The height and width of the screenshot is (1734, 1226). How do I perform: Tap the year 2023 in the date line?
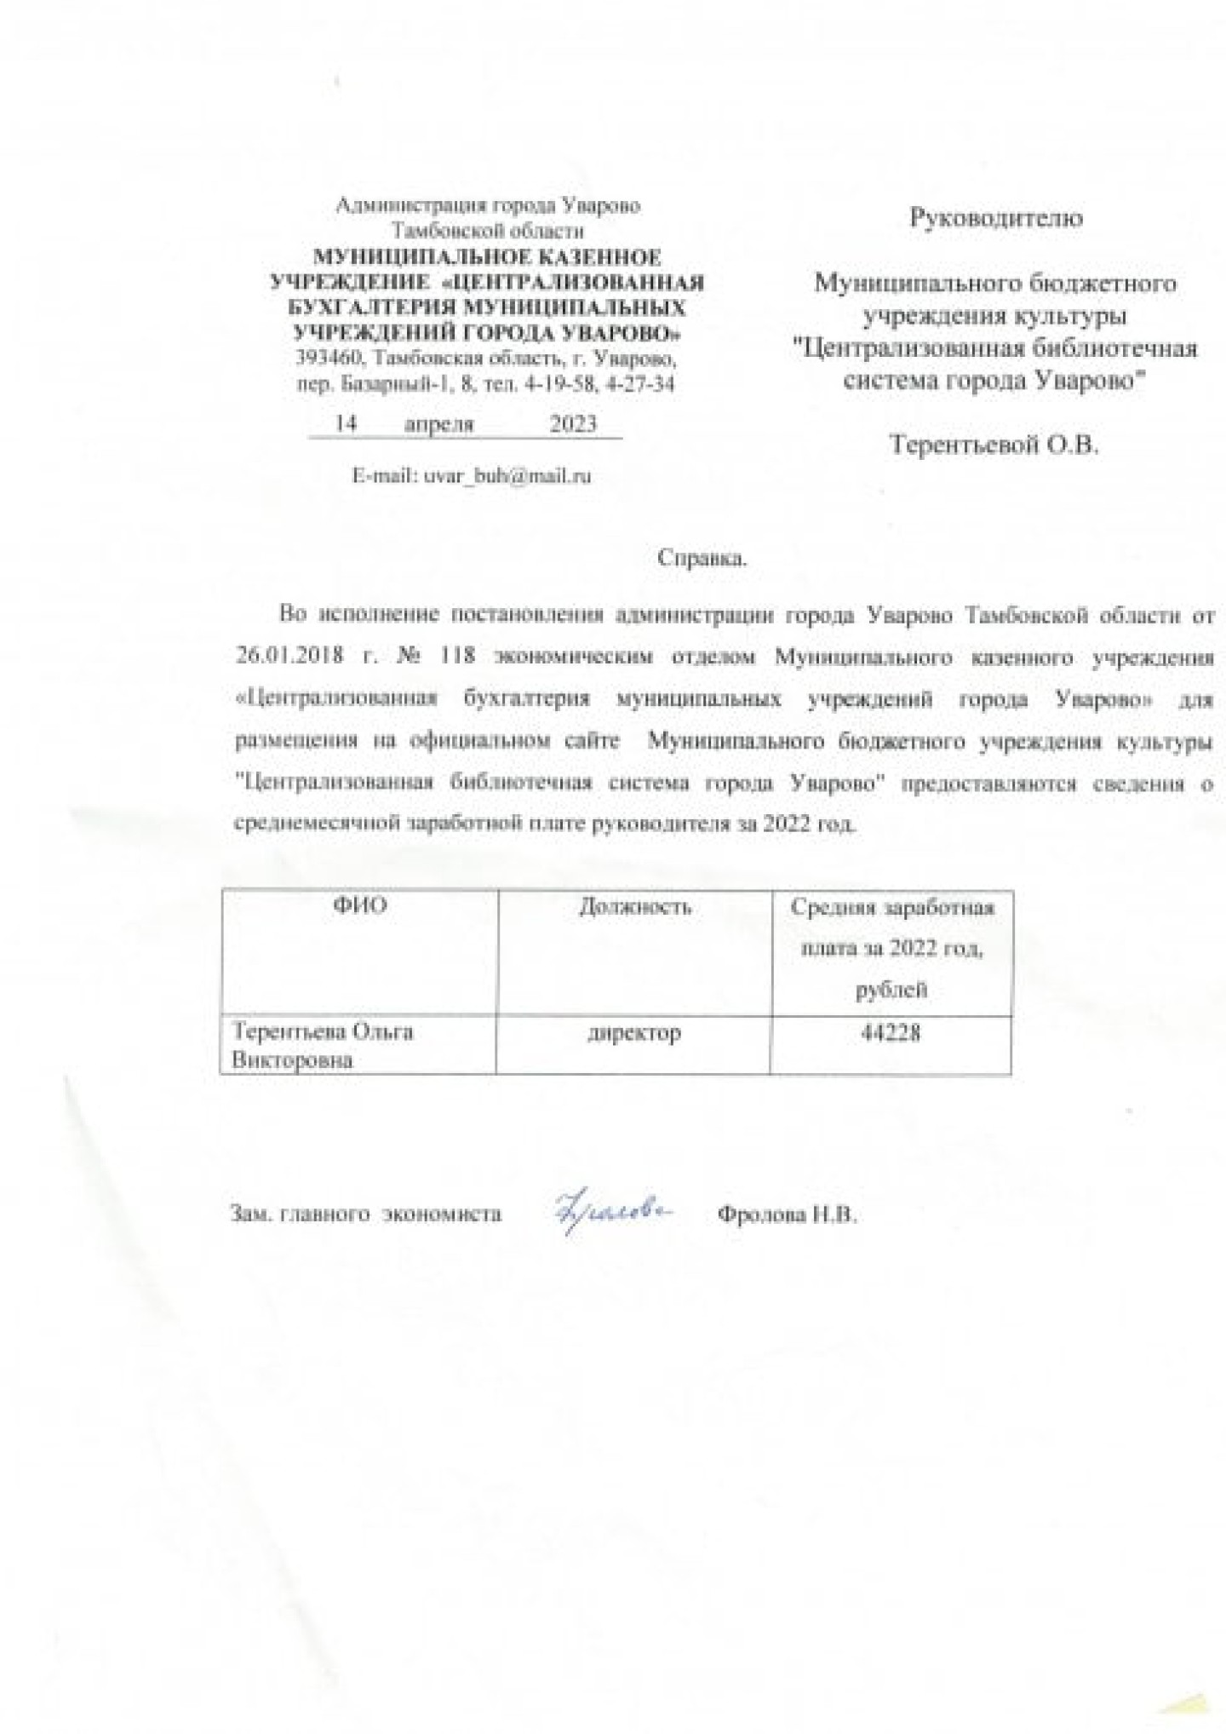[573, 424]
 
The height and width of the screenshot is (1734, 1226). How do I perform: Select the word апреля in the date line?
[438, 424]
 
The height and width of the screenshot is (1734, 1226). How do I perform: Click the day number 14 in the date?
[346, 424]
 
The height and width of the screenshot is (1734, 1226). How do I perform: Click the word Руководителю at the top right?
[996, 218]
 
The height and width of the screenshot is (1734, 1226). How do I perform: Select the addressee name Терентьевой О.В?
[994, 444]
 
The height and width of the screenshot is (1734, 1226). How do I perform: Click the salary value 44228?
[891, 1033]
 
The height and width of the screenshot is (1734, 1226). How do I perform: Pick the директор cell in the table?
[634, 1033]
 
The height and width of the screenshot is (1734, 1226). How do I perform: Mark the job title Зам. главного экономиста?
[366, 1214]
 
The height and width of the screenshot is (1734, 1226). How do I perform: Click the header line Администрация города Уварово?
[489, 205]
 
